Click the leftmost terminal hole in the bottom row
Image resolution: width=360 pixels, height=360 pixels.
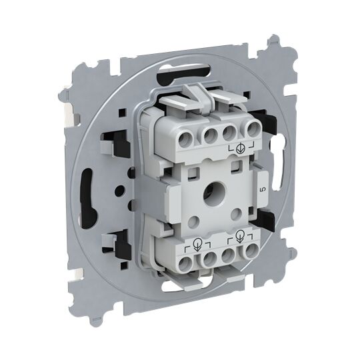coord(186,263)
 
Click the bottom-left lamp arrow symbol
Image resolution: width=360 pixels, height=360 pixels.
coord(197,244)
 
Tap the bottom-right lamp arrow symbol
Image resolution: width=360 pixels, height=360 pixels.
coord(239,235)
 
